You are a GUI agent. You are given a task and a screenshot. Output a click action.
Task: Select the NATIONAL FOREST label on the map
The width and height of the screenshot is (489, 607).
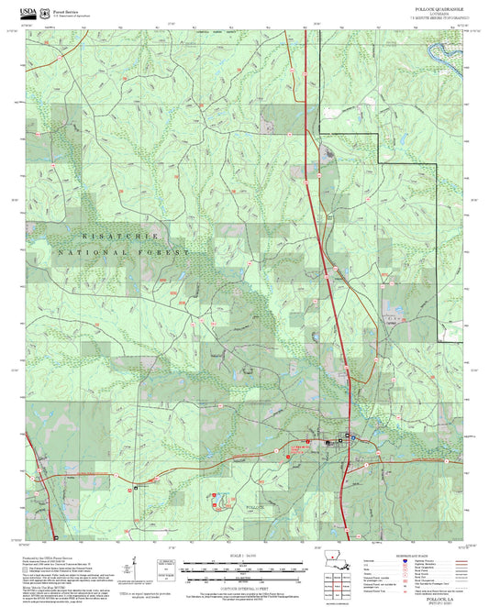(124, 251)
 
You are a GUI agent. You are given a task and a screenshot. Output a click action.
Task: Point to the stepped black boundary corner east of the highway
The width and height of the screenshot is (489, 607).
(379, 135)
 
